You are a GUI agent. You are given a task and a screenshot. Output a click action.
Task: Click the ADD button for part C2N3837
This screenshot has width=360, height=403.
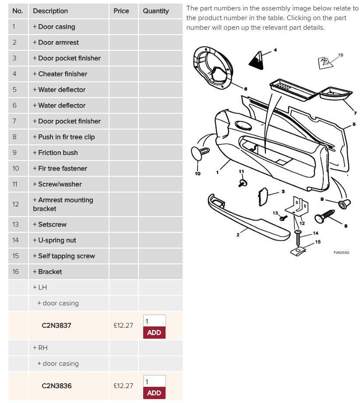pyautogui.click(x=154, y=333)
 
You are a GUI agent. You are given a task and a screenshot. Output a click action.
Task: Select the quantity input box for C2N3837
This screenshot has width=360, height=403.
pyautogui.click(x=154, y=321)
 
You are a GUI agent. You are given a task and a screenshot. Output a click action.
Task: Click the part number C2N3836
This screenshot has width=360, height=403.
pyautogui.click(x=56, y=386)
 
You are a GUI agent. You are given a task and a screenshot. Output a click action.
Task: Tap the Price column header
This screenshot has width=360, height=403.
pyautogui.click(x=121, y=11)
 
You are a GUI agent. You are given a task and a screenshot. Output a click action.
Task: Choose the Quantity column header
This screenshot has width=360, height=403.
pyautogui.click(x=156, y=11)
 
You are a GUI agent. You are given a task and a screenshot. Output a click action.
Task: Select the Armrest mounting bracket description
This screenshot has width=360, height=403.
pyautogui.click(x=63, y=204)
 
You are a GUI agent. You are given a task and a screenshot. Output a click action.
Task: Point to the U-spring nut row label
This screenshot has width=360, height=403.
pyautogui.click(x=54, y=240)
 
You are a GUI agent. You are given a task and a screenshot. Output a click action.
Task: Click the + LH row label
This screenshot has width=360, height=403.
pyautogui.click(x=40, y=287)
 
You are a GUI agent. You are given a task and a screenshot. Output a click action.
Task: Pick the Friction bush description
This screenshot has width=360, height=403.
pyautogui.click(x=55, y=153)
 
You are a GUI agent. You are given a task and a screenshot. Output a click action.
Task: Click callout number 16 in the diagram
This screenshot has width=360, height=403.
pyautogui.click(x=340, y=55)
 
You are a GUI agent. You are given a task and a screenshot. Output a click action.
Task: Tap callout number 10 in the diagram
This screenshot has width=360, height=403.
pyautogui.click(x=198, y=173)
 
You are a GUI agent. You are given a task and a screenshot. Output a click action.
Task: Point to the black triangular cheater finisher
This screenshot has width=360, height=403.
pyautogui.click(x=257, y=61)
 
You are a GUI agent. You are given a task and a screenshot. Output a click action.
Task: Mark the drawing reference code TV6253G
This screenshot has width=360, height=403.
pyautogui.click(x=341, y=252)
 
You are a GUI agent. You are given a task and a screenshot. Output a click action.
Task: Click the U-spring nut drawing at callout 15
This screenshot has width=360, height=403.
pyautogui.click(x=298, y=251)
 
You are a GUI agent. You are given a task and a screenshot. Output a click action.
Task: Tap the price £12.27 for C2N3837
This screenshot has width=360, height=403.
pyautogui.click(x=123, y=326)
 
